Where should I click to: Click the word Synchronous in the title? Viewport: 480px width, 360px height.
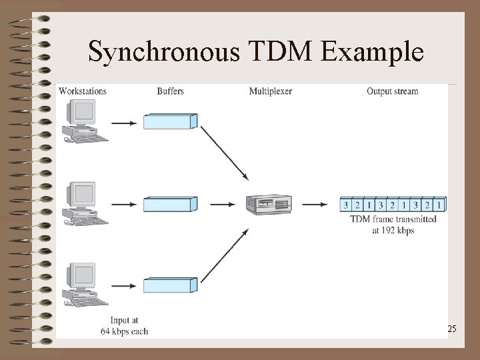click(163, 51)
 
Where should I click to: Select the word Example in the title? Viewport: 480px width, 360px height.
click(373, 51)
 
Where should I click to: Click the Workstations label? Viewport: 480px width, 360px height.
click(82, 91)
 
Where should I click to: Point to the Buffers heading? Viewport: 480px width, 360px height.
click(171, 91)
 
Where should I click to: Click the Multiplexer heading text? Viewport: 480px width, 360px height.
click(271, 91)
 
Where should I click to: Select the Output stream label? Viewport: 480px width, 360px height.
click(392, 91)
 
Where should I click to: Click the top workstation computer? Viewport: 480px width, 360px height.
click(83, 121)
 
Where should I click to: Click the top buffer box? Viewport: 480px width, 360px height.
click(171, 121)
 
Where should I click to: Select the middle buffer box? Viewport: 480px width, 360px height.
click(171, 204)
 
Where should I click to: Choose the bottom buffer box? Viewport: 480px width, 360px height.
click(171, 285)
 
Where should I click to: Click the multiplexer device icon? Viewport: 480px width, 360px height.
click(268, 203)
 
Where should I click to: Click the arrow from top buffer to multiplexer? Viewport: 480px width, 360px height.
click(224, 153)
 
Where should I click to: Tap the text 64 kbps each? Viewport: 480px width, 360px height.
click(125, 331)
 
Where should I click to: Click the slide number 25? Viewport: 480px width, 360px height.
click(451, 329)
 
